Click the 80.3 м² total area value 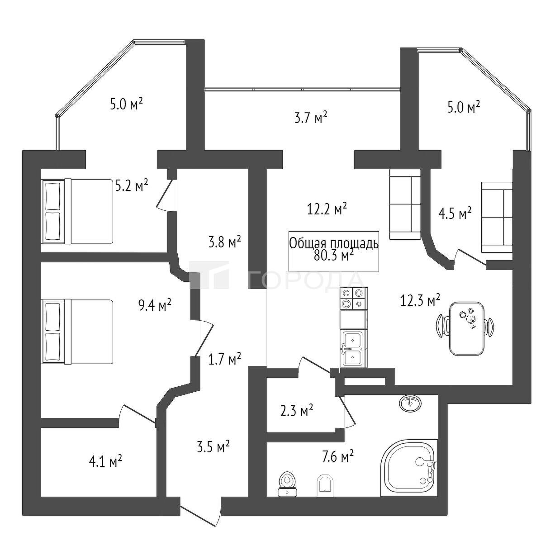click(x=333, y=256)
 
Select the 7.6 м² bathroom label click(x=337, y=457)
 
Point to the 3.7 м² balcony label click(x=311, y=118)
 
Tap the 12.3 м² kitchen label click(x=420, y=301)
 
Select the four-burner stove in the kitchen click(x=354, y=299)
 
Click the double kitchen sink click(x=354, y=349)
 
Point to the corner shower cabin click(x=409, y=468)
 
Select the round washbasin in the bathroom click(x=410, y=403)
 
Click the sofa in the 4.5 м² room click(x=497, y=218)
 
